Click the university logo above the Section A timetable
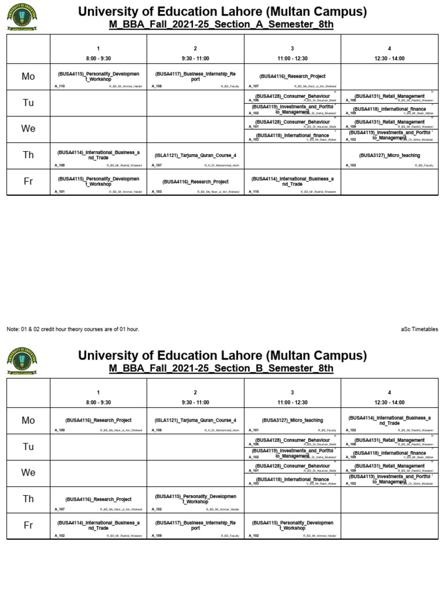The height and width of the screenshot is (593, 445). pos(22,17)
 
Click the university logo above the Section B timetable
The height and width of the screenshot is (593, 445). pos(22,361)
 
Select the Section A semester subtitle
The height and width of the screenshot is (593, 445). pos(221,24)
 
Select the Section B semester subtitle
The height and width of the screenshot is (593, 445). pos(221,368)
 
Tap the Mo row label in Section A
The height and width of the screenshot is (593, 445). pos(28,77)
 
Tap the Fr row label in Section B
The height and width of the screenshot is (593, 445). pos(28,525)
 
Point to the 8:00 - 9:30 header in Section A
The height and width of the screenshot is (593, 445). pos(99,58)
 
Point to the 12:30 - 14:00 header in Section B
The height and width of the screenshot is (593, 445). pos(389,402)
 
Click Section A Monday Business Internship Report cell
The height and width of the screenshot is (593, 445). pos(195,77)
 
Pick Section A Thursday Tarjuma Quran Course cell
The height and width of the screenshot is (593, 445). pos(195,156)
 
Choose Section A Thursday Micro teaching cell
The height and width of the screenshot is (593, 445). pos(389,156)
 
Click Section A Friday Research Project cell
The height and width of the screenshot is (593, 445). pos(195,182)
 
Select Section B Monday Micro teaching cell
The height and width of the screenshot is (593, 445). pos(293,420)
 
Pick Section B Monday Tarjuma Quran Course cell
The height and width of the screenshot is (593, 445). pos(195,420)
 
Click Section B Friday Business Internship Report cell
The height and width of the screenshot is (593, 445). pos(195,525)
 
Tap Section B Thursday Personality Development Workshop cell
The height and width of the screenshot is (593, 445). pos(195,499)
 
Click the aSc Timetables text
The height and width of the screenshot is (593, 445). pos(419,329)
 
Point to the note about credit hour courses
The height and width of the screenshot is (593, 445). pos(73,329)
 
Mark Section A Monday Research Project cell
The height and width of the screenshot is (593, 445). pos(293,77)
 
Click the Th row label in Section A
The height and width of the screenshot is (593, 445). pos(28,156)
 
